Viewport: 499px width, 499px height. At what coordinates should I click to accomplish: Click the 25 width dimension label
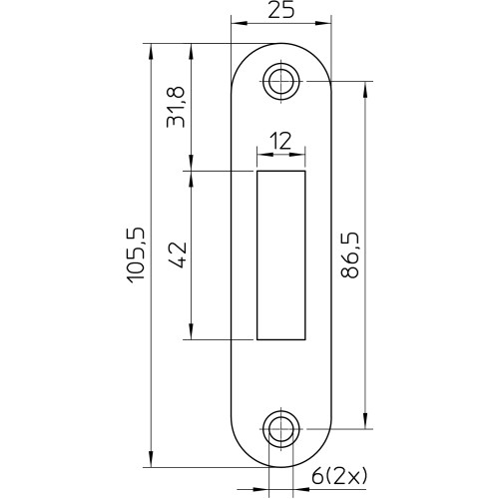click(281, 10)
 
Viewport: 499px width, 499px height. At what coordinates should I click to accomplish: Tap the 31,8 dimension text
click(176, 107)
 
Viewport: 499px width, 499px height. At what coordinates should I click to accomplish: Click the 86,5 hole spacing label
click(350, 255)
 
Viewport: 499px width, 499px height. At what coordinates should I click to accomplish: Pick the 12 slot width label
click(280, 141)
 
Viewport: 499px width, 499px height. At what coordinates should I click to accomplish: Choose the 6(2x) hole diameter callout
click(339, 477)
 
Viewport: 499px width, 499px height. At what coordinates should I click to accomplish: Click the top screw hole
click(281, 81)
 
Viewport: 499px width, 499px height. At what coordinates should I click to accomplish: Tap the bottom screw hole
click(281, 429)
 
